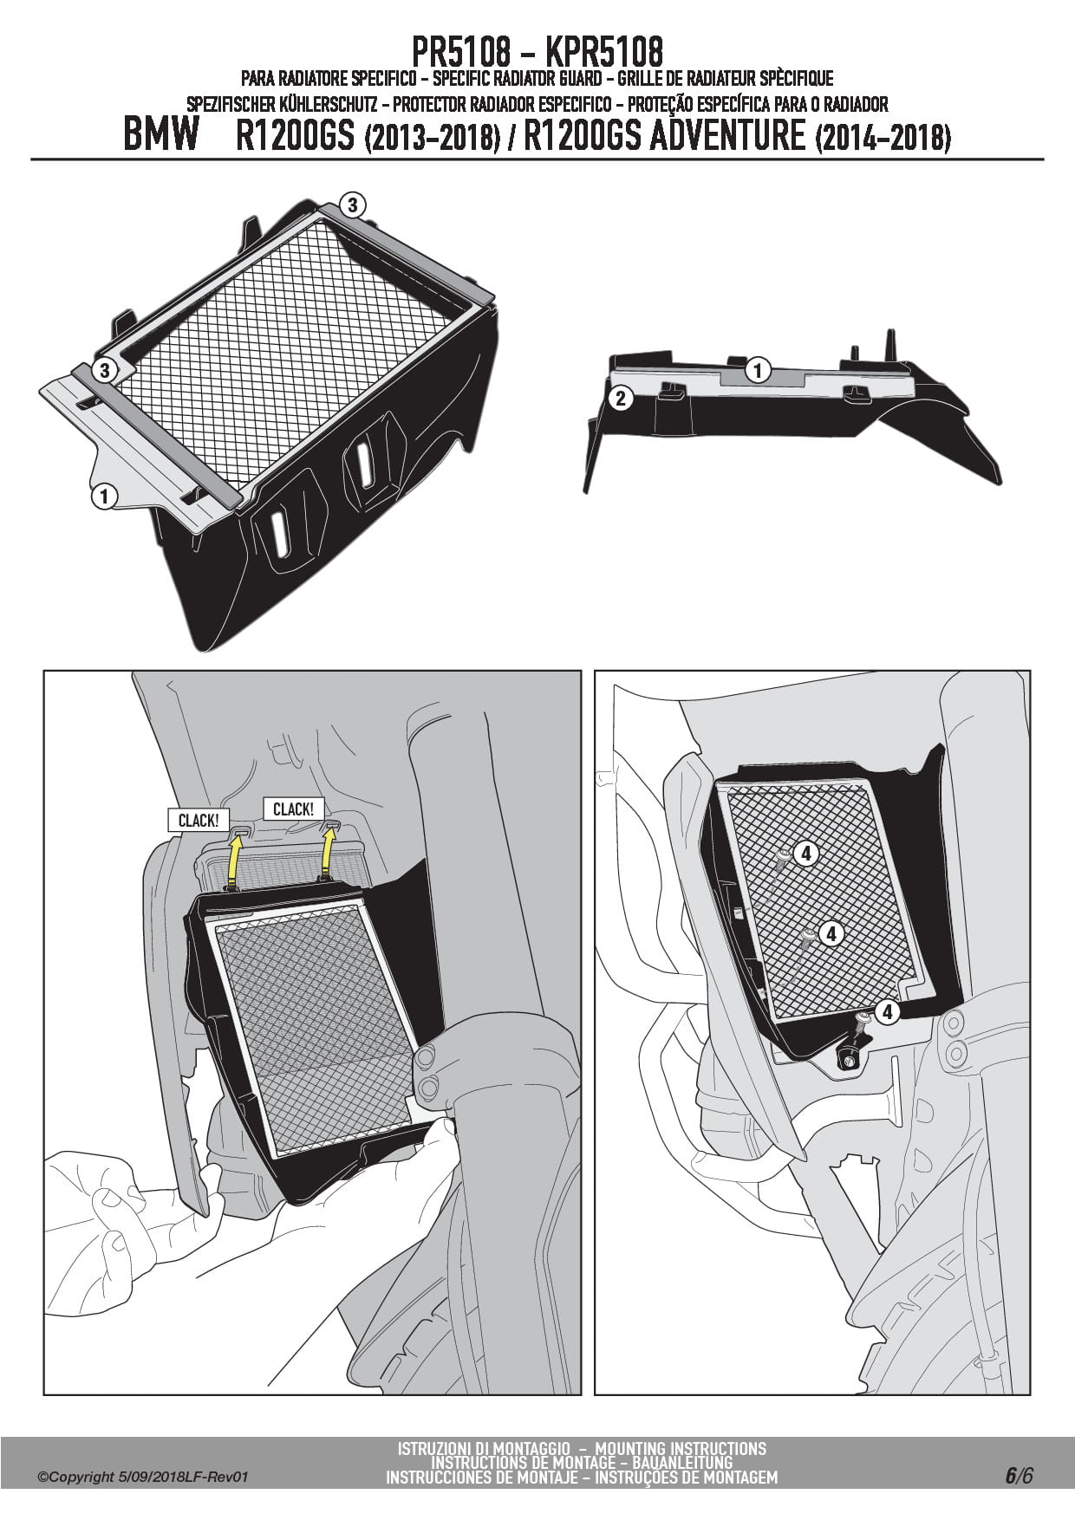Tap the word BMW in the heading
pos(162,136)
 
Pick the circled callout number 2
pos(620,399)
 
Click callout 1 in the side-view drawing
pos(758,370)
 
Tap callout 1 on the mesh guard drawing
pos(104,497)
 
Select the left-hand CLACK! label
pos(199,820)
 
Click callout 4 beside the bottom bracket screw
pos(886,1011)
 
